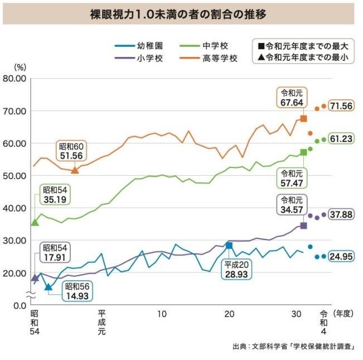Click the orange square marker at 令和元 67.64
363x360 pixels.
(303, 118)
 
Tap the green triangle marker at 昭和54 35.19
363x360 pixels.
(35, 222)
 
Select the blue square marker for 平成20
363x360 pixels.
(229, 246)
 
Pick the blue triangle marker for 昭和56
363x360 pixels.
(48, 287)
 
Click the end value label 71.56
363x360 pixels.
(341, 106)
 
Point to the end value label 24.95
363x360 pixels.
(341, 257)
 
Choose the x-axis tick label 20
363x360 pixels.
(229, 314)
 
